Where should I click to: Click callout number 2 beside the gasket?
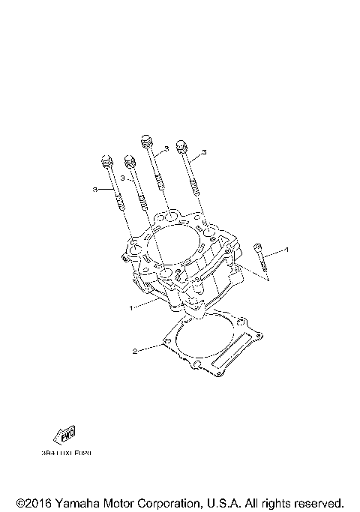[135, 351]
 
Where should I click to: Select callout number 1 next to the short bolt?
[285, 248]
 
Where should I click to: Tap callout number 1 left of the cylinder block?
[132, 307]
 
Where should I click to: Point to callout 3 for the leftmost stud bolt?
[96, 190]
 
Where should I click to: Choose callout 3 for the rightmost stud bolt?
[203, 152]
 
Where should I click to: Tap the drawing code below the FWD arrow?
[67, 453]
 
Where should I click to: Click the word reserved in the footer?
[319, 502]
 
